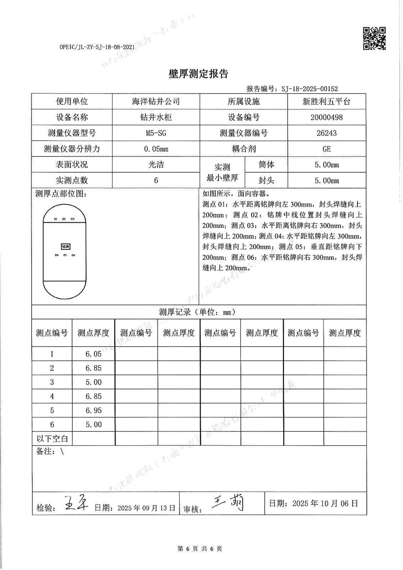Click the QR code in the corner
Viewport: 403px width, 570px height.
click(374, 38)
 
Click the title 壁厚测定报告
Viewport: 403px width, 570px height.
click(198, 74)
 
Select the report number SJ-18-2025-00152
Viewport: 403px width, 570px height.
click(310, 89)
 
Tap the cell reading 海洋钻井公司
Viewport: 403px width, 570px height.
click(156, 102)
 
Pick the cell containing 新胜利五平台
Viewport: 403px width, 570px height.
click(326, 102)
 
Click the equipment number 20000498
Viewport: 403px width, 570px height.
click(326, 118)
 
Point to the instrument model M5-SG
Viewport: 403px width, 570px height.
click(156, 133)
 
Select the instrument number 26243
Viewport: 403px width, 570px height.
click(326, 133)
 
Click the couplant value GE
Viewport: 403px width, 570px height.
click(326, 149)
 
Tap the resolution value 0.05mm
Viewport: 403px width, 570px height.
click(156, 149)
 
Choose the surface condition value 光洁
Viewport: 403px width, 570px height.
click(156, 165)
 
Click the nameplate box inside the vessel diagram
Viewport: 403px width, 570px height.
click(65, 247)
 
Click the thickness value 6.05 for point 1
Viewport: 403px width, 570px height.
click(93, 354)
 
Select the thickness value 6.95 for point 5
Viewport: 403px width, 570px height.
click(93, 410)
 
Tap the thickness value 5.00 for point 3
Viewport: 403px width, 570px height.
click(93, 382)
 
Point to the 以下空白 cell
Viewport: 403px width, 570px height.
click(52, 438)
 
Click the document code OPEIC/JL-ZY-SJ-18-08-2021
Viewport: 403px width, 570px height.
click(97, 47)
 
